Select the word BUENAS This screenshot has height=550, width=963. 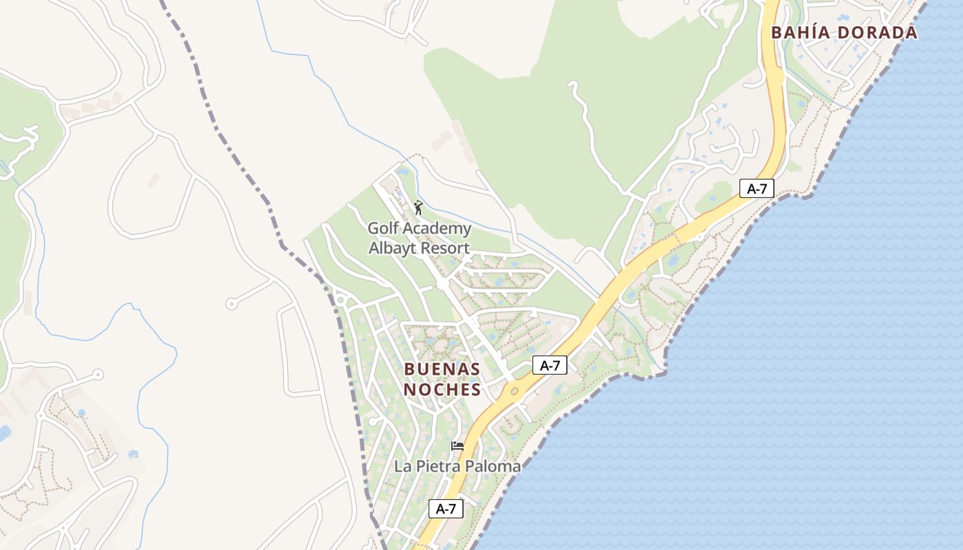pyautogui.click(x=442, y=368)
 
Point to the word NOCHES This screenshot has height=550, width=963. pyautogui.click(x=442, y=390)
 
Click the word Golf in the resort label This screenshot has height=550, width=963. pyautogui.click(x=382, y=228)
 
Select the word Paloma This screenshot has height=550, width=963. pyautogui.click(x=494, y=466)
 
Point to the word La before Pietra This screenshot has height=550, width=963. pyautogui.click(x=402, y=466)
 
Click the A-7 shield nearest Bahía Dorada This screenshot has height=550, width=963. pyautogui.click(x=757, y=188)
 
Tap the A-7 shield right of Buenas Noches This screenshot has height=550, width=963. pyautogui.click(x=550, y=365)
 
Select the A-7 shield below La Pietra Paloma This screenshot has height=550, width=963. pyautogui.click(x=446, y=509)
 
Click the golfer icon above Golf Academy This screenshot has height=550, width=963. pyautogui.click(x=418, y=207)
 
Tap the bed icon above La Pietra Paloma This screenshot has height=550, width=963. pyautogui.click(x=457, y=446)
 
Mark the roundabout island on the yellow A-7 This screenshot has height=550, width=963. pyautogui.click(x=514, y=391)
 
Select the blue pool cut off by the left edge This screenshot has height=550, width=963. pyautogui.click(x=3, y=433)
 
